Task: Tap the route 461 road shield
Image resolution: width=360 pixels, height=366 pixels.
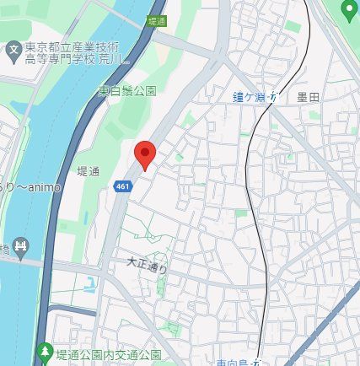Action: [x=123, y=184]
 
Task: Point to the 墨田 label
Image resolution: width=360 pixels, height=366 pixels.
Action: [x=309, y=98]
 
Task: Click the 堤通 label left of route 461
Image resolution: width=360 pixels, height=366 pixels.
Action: [x=88, y=171]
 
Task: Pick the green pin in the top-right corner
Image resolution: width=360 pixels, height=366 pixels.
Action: [x=349, y=9]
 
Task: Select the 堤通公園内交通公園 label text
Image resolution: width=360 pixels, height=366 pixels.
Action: [x=108, y=353]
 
